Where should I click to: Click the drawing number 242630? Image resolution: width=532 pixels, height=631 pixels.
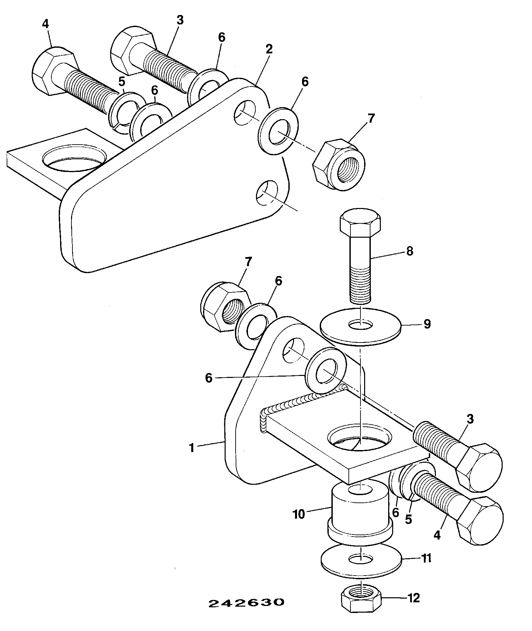(x=246, y=603)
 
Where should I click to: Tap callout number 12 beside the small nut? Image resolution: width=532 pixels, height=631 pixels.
(x=414, y=598)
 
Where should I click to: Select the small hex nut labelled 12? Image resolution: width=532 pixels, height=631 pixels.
(x=361, y=600)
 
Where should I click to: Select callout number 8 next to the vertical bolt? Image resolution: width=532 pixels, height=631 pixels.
(x=410, y=251)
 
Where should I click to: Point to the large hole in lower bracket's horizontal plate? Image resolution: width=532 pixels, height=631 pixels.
(x=360, y=437)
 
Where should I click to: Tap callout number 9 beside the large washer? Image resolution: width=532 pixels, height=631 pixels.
(x=427, y=324)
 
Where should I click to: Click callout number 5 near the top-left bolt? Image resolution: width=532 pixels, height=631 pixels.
(x=122, y=82)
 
